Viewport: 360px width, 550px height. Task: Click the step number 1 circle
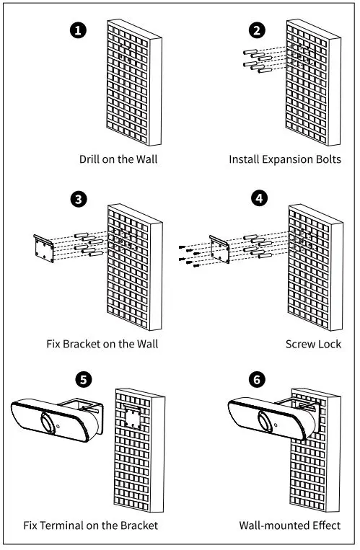[78, 30]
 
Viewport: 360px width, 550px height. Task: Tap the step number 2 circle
[257, 30]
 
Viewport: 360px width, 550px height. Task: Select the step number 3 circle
[79, 199]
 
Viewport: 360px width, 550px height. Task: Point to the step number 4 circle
[259, 198]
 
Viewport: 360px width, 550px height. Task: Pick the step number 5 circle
[83, 380]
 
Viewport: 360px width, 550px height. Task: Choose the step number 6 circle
[257, 380]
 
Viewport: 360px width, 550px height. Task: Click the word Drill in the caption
[89, 159]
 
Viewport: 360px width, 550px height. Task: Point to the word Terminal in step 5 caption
[62, 525]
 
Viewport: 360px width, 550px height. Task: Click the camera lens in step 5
[47, 422]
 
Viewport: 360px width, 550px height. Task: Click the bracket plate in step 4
[220, 249]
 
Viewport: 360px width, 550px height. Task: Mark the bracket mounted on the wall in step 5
[133, 417]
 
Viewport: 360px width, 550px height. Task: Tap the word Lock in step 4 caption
[330, 344]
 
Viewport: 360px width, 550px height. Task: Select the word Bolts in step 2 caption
[326, 159]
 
